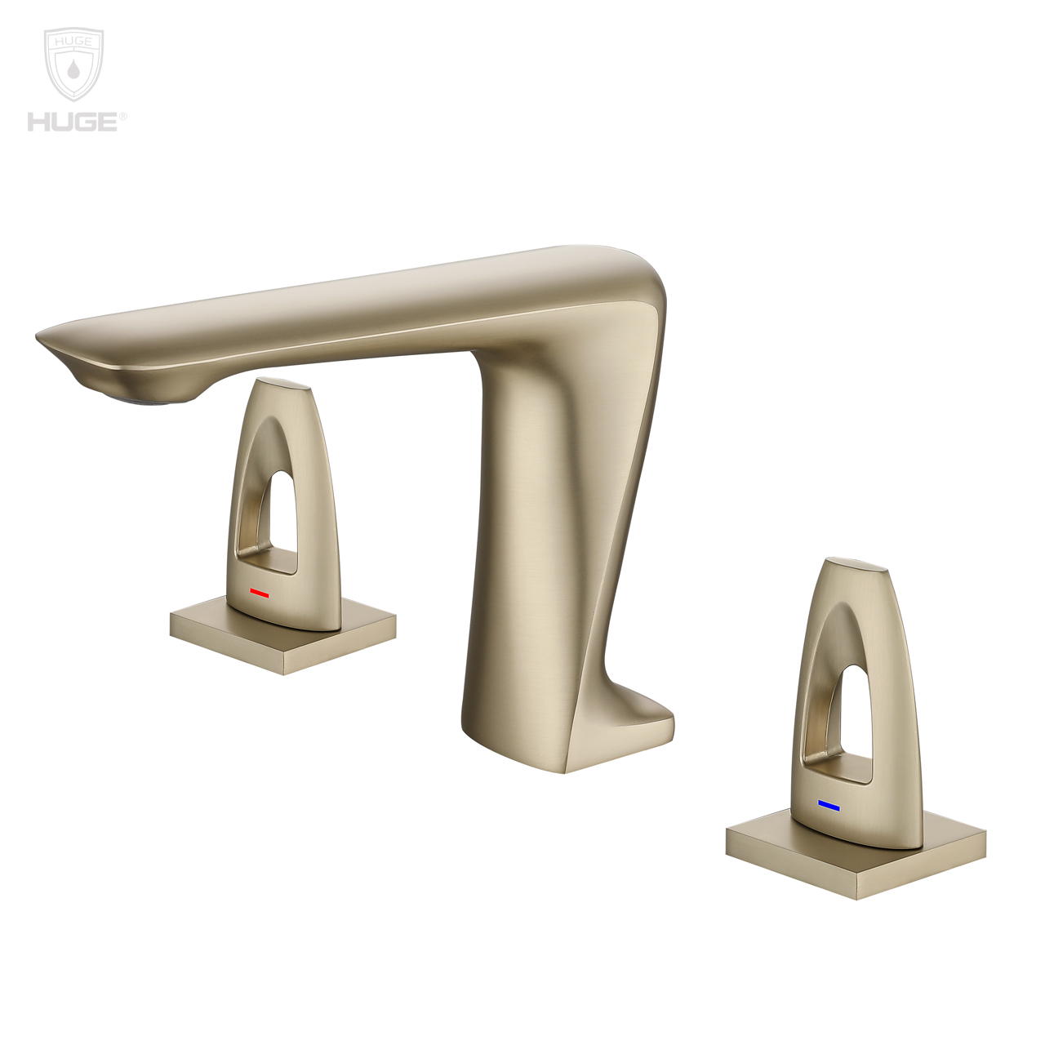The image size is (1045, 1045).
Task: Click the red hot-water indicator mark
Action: point(260,593)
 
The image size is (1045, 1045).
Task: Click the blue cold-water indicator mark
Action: point(829,806)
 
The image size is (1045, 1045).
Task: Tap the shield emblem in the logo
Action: point(73,65)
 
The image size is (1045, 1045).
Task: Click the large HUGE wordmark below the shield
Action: point(72,122)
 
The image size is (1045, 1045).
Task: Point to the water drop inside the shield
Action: point(73,70)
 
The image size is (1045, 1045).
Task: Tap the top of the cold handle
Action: point(857,564)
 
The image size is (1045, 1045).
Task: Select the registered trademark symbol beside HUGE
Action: point(123,117)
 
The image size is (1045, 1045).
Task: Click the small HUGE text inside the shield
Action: point(73,41)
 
